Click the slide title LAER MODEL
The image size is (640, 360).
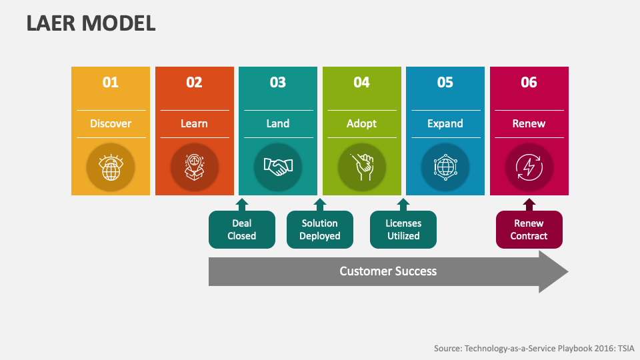[91, 23]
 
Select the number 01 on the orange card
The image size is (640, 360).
[111, 83]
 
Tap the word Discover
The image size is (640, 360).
[111, 123]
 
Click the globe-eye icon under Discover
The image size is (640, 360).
[111, 167]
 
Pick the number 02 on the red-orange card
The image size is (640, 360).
[194, 83]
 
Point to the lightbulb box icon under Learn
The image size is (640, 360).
[194, 167]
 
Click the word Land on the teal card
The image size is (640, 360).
[278, 123]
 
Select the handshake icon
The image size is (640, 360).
[278, 167]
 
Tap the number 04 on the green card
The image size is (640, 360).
[361, 83]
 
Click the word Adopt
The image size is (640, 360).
[361, 123]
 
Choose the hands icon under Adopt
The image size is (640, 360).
[361, 167]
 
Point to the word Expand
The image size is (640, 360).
[445, 123]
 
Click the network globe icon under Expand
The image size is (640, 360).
[445, 167]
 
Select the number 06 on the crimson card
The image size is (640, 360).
[529, 83]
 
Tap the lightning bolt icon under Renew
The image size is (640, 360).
[529, 167]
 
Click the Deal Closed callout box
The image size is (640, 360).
[242, 230]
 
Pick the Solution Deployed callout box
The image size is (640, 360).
[320, 230]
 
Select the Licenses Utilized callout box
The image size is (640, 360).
[403, 230]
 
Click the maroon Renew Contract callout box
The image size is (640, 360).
[529, 230]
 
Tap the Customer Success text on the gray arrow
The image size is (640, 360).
[388, 271]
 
